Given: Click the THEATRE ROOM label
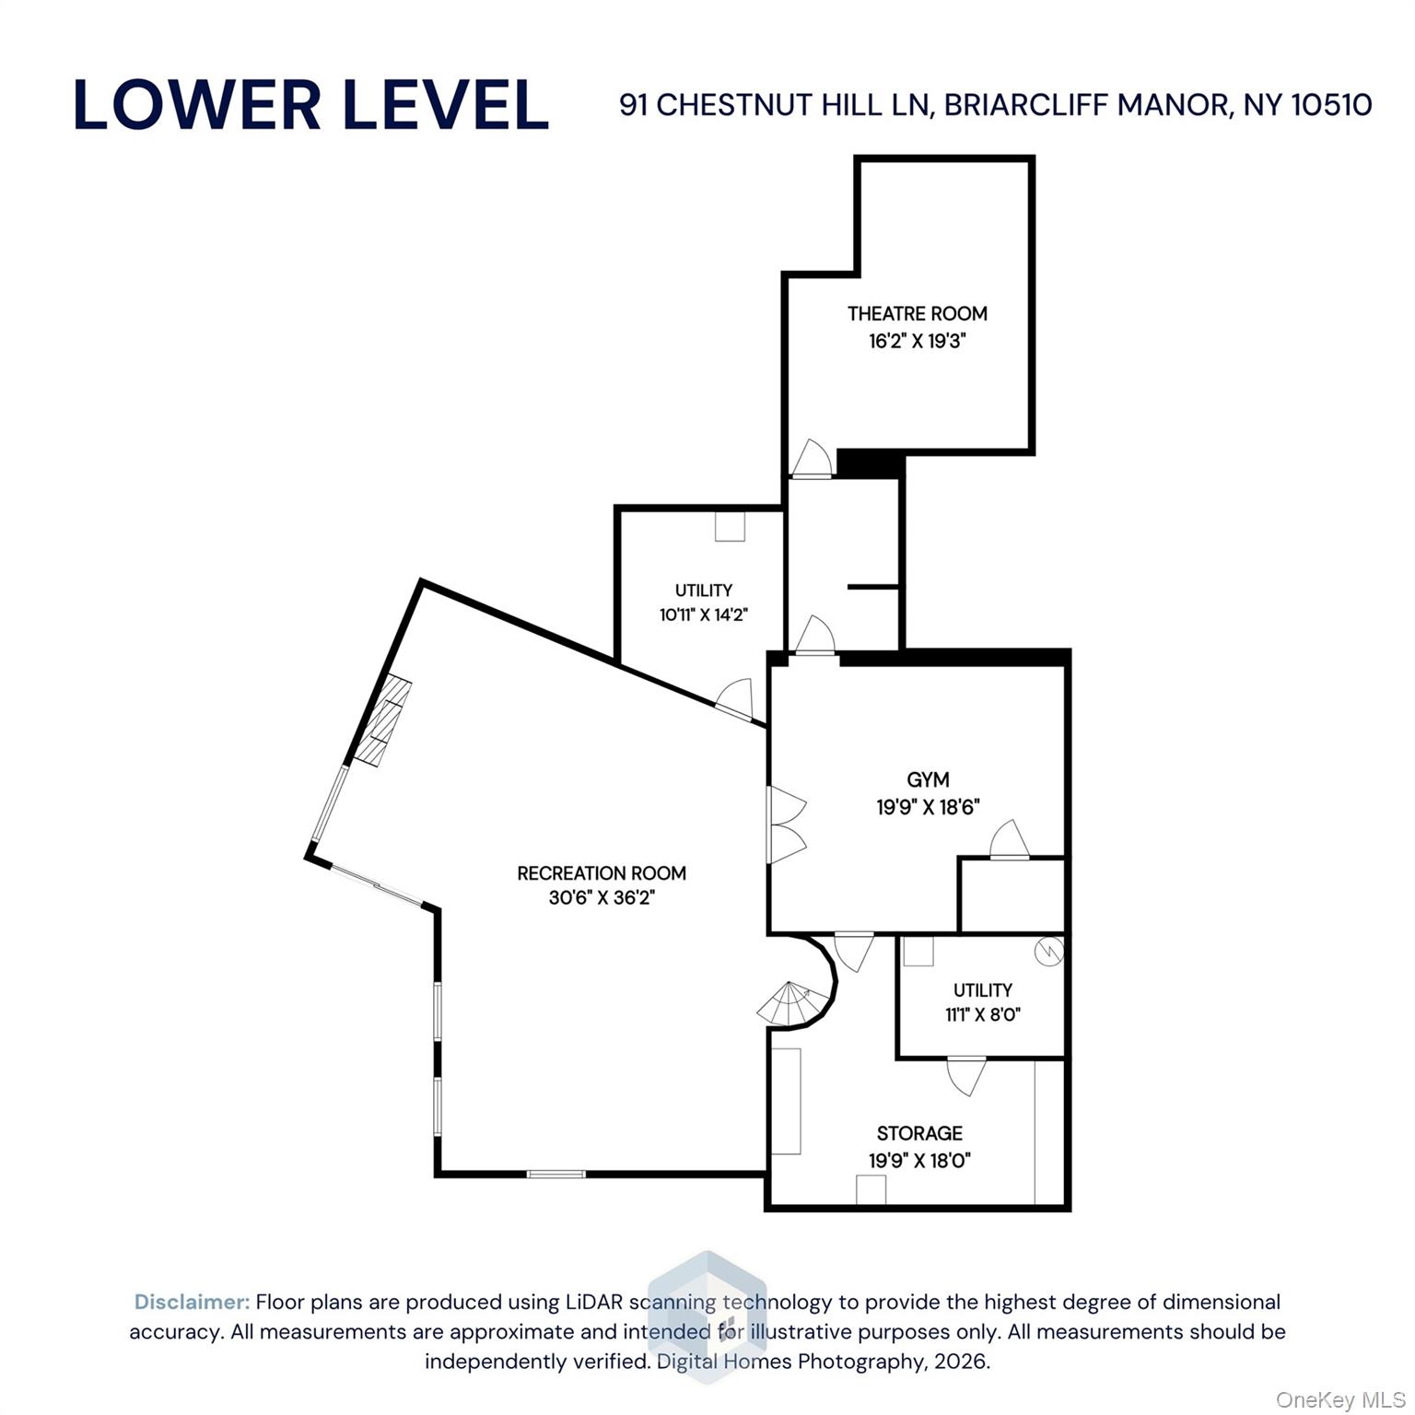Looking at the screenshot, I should tap(917, 313).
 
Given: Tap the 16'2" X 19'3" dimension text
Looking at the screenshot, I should tap(917, 341).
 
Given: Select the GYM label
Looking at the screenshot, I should tap(928, 779).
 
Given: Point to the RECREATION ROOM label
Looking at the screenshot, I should tap(602, 872).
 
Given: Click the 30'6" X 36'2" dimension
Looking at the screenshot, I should tap(602, 897).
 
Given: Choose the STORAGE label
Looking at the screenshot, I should tap(919, 1133).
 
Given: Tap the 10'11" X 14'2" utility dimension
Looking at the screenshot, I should tap(703, 614).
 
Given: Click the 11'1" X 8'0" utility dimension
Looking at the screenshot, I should tap(983, 1014).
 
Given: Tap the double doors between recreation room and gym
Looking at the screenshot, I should tap(785, 824).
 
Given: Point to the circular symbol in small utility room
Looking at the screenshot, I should tap(1048, 952).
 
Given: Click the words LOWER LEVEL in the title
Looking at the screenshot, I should tap(310, 105).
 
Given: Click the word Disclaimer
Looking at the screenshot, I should tap(192, 1302).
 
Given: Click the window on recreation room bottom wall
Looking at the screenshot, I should tap(555, 1174).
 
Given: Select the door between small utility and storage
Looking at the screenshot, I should tap(966, 1075).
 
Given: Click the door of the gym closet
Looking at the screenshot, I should tap(1009, 840).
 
